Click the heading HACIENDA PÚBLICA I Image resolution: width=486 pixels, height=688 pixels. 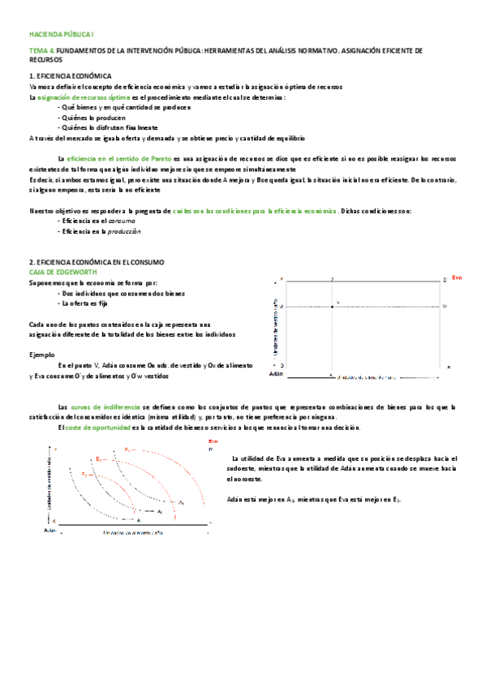62,35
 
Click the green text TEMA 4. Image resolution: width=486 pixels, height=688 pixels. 42,50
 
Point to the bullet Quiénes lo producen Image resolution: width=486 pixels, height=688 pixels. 94,118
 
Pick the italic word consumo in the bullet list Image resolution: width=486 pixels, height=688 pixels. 122,221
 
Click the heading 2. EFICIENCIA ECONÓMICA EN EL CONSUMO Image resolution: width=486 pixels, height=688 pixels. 97,262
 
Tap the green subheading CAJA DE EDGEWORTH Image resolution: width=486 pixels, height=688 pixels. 62,272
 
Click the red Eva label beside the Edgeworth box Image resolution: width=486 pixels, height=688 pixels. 457,277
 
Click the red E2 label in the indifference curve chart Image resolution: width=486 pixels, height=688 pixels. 98,459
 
